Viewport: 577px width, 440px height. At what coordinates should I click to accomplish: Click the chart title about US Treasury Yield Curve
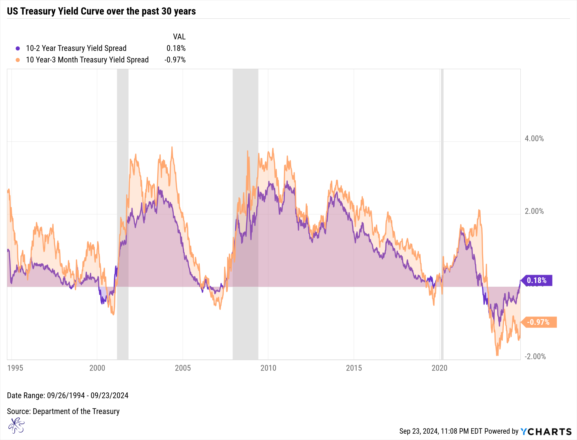tap(101, 11)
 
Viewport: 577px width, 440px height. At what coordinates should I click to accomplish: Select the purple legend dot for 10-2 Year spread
tap(18, 48)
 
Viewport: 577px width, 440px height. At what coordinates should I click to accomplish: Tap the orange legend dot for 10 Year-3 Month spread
tap(18, 60)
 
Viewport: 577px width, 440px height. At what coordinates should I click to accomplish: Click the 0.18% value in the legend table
tap(176, 48)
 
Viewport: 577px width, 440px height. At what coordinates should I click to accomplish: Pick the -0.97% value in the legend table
tap(175, 60)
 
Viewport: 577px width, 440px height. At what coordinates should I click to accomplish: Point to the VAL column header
tap(179, 37)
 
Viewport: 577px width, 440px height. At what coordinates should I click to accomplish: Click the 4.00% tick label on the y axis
tap(534, 139)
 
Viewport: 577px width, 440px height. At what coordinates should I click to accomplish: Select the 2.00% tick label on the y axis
tap(534, 211)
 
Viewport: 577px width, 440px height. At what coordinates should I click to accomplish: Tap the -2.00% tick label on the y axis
tap(535, 357)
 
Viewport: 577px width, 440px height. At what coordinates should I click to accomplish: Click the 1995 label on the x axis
tap(15, 368)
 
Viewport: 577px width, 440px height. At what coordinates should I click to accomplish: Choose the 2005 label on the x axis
tap(183, 368)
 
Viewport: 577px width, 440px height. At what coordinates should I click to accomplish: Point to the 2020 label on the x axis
tap(439, 368)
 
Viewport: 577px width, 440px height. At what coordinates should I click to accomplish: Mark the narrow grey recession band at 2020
tap(442, 202)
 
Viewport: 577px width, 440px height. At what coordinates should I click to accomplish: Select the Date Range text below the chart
tap(68, 395)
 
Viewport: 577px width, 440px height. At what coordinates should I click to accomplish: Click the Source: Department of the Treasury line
tap(63, 411)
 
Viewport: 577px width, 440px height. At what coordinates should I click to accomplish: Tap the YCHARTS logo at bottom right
tap(546, 431)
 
